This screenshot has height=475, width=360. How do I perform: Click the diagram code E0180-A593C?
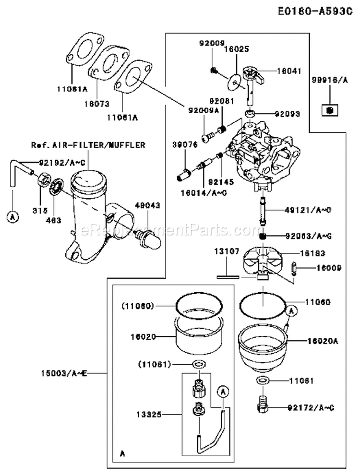click(x=317, y=10)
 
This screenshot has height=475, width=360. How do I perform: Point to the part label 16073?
click(x=96, y=102)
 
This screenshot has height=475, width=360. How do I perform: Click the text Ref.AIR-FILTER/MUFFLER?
click(x=88, y=144)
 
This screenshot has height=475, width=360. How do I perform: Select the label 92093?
click(x=288, y=114)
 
